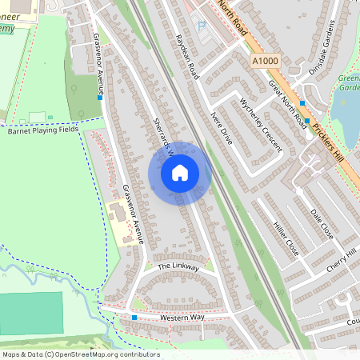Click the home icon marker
click(180, 173)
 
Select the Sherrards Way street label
click(164, 131)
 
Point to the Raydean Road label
click(187, 55)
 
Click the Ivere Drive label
click(222, 127)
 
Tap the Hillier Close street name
click(286, 238)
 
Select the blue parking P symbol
click(202, 26)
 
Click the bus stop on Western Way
click(134, 318)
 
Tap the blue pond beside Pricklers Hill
click(346, 120)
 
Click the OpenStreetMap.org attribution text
click(91, 354)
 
